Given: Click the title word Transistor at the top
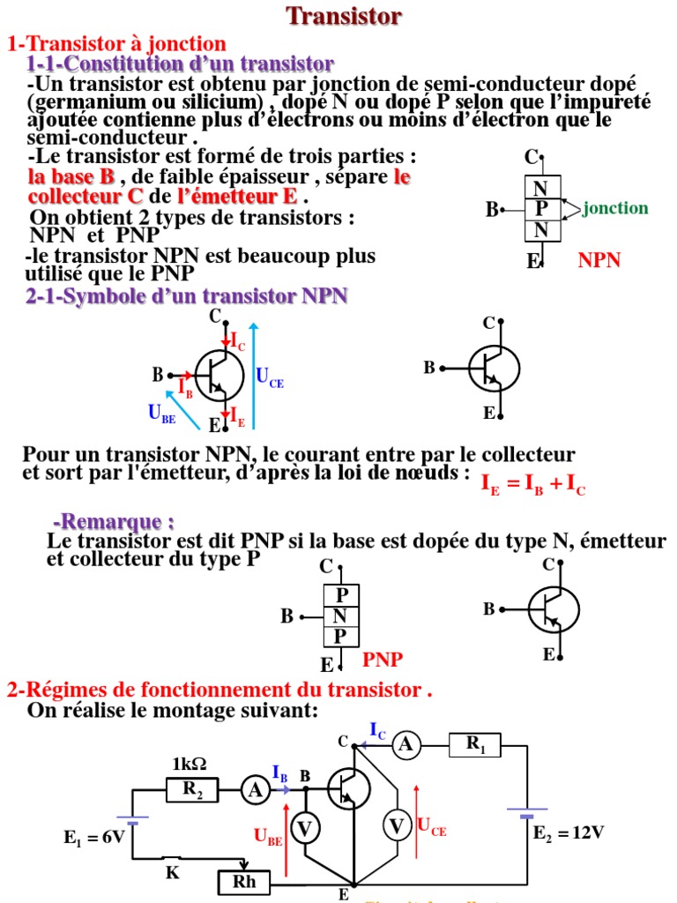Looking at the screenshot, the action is (344, 16).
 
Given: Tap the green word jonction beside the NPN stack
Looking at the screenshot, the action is (615, 208).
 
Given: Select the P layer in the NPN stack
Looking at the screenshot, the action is (541, 208).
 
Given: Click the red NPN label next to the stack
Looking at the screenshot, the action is (599, 259).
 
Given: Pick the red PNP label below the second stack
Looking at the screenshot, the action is (383, 659).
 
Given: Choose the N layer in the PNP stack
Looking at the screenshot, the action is (340, 616).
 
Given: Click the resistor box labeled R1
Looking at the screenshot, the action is (475, 746).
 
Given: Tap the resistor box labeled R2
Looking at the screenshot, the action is (192, 791).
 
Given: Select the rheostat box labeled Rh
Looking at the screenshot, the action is (242, 881).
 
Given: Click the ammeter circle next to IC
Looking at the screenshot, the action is (405, 746).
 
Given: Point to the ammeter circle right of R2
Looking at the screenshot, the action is (256, 791).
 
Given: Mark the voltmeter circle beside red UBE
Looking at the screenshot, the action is (305, 827).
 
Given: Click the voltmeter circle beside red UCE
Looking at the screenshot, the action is (397, 826).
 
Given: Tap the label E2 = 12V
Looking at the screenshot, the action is (568, 832).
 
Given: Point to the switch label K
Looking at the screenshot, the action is (173, 872).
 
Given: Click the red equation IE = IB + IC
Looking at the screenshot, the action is (533, 484).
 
